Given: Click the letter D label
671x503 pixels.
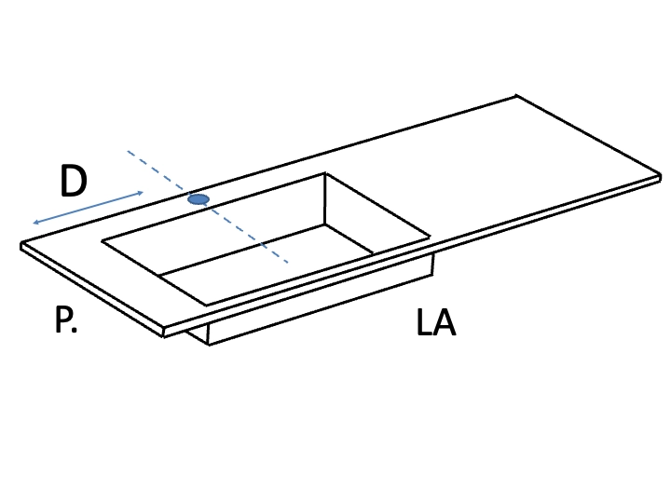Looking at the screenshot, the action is [74, 181].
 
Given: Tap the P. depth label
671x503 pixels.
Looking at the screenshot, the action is [66, 319].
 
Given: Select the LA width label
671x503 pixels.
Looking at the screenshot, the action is [436, 322].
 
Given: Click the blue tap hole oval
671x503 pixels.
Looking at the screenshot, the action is [199, 199].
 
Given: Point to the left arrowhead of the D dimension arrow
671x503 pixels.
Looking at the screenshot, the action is [34, 223].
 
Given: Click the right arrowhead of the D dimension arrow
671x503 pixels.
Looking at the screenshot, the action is [142, 193].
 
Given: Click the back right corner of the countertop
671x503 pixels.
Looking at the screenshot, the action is [516, 96].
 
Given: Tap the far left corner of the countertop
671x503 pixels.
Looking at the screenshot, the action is [21, 244].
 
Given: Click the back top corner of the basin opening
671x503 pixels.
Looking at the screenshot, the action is [325, 173].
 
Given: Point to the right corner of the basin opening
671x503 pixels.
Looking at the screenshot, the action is [430, 236].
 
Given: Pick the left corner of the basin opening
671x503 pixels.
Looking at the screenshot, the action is [102, 241].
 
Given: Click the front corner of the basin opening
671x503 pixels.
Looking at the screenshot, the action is [207, 306].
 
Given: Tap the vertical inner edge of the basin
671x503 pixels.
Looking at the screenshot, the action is [325, 199].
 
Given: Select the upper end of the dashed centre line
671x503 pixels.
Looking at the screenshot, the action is [128, 151].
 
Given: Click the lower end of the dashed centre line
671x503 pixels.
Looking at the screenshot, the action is [287, 262].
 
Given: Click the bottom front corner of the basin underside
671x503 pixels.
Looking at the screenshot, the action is [209, 345].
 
